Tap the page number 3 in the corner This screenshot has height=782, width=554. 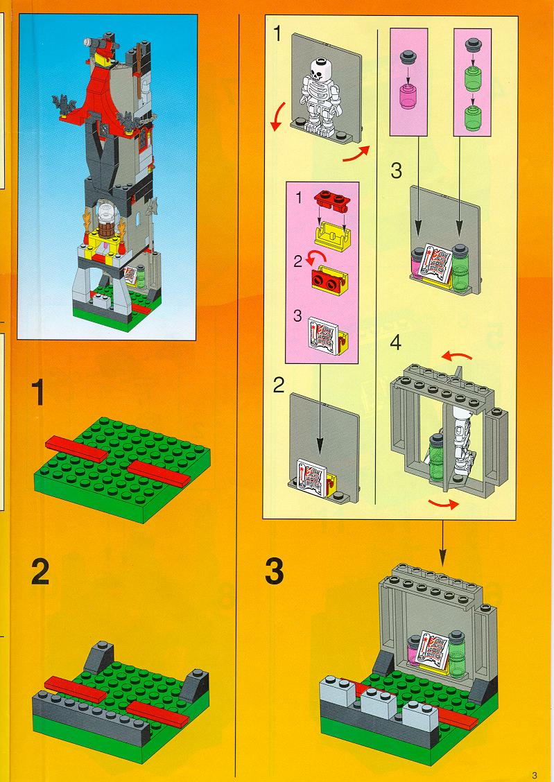pyautogui.click(x=535, y=775)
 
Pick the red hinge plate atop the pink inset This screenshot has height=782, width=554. pyautogui.click(x=333, y=202)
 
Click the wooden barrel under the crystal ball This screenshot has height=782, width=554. pyautogui.click(x=105, y=232)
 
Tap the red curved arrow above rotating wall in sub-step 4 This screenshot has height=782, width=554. pyautogui.click(x=458, y=356)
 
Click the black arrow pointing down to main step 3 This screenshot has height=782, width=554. pyautogui.click(x=442, y=543)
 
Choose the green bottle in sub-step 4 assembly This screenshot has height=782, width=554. pyautogui.click(x=437, y=458)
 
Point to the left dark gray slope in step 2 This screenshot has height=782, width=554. pyautogui.click(x=98, y=659)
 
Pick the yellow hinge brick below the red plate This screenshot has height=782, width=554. pyautogui.click(x=332, y=236)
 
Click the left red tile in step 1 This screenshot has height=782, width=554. pyautogui.click(x=77, y=449)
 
